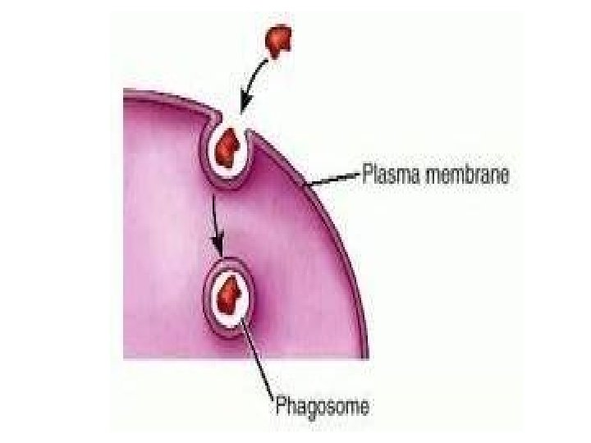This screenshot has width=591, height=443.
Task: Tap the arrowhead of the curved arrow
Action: point(241,107)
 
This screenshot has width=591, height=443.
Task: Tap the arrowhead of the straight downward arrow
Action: point(218,246)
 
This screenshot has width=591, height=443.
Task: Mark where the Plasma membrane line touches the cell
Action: point(305,188)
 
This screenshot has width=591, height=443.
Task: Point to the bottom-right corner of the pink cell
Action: point(367,357)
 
